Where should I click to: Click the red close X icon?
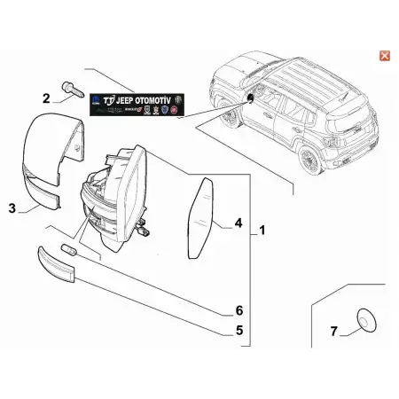click(384, 55)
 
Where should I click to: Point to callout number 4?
click(237, 223)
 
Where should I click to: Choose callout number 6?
click(238, 309)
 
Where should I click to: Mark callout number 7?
click(333, 332)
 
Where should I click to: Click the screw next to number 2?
click(72, 90)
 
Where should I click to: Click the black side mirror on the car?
click(250, 98)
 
